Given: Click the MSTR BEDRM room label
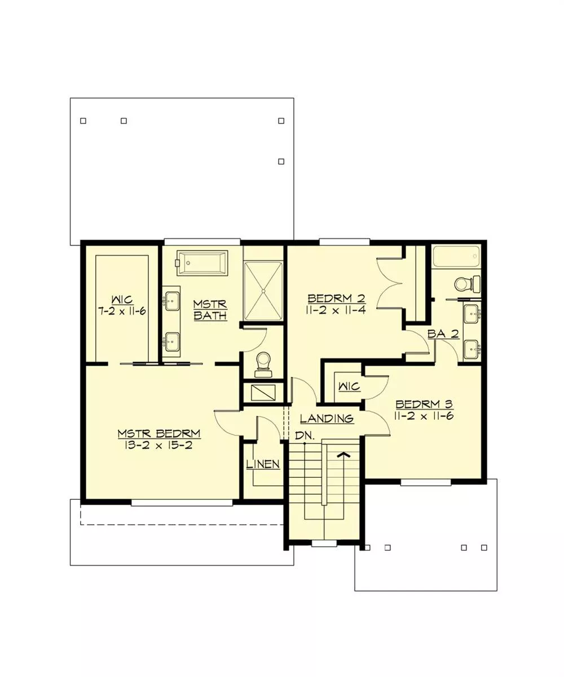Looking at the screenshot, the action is point(159,434).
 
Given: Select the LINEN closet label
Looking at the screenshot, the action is point(263,464).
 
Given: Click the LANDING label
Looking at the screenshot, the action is point(327,418).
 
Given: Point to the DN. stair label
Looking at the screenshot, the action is point(305,436).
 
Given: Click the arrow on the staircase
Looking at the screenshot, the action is point(344,455).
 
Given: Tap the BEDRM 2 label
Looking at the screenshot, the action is point(336,298).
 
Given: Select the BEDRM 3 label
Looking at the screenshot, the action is point(424,405).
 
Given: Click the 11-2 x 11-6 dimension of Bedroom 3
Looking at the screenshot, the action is point(424,416).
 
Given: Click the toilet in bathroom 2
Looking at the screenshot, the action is point(468,284).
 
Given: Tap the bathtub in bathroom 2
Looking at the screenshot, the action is point(456,257).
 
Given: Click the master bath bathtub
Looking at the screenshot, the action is point(202,263).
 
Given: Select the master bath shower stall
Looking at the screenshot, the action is point(263,291).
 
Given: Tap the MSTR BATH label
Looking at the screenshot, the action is point(210,310).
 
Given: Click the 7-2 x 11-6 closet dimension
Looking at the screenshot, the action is point(122,311).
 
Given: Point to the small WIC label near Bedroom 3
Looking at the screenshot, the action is point(349,386).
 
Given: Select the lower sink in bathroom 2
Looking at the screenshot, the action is point(472,350).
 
